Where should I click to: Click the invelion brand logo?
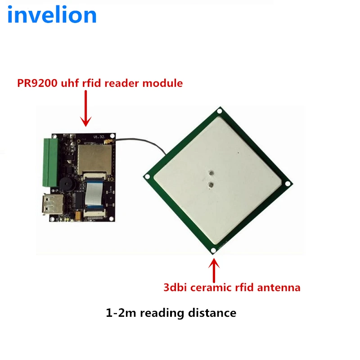[52, 15]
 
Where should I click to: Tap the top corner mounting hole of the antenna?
[219, 111]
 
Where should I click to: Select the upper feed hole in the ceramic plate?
[210, 172]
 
